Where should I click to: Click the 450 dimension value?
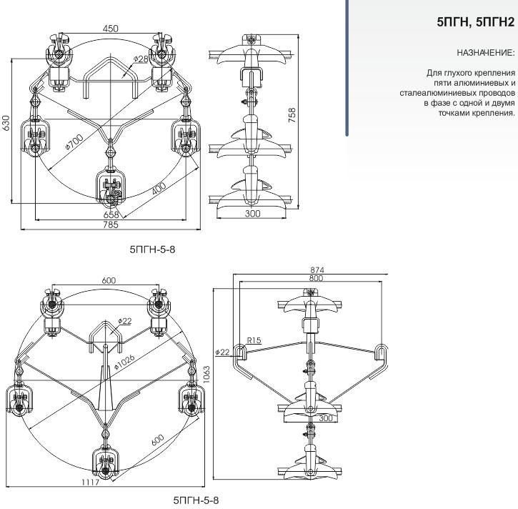tap(110, 29)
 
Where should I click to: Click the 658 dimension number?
tap(111, 214)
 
